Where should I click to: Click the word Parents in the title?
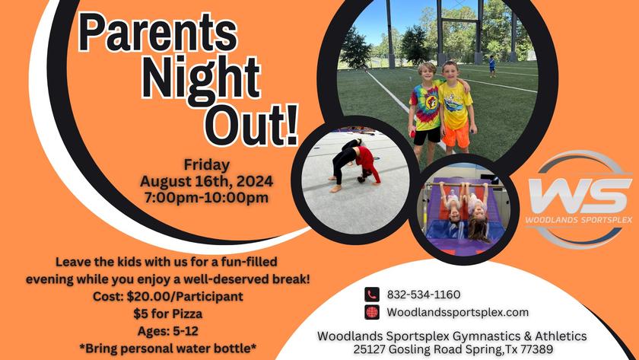[158, 33]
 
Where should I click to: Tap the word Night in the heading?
[201, 76]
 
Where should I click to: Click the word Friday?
[207, 164]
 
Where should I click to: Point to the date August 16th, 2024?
[207, 181]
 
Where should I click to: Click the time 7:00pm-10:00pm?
[207, 197]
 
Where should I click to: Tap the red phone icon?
[372, 295]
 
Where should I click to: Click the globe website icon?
[372, 312]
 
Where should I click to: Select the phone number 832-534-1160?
[424, 295]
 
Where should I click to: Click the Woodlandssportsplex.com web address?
[458, 312]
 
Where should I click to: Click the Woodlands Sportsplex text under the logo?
[579, 220]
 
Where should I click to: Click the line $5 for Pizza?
[168, 314]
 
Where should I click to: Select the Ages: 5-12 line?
[168, 331]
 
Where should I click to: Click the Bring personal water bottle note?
[168, 349]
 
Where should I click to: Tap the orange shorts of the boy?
[456, 135]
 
